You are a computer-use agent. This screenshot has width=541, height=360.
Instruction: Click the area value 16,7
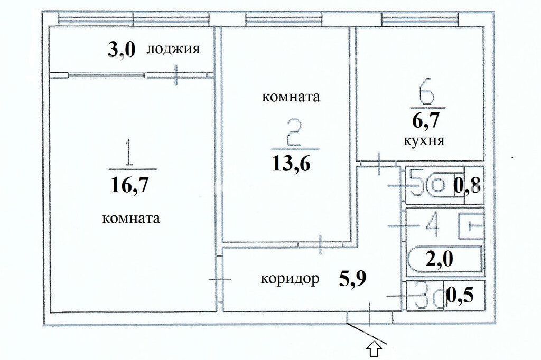tap(130, 185)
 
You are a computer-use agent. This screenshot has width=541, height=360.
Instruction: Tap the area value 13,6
tap(292, 163)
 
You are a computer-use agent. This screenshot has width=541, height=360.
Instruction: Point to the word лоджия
tap(173, 49)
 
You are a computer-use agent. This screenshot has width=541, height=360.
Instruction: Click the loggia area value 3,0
tap(122, 50)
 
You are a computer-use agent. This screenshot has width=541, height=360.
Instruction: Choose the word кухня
tap(424, 141)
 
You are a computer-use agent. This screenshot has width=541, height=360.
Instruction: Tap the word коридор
tap(290, 278)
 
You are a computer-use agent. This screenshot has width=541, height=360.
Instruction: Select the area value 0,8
tap(467, 186)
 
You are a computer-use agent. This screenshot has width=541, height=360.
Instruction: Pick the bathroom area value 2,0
tap(439, 259)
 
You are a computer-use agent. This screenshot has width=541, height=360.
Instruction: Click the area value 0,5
tap(460, 296)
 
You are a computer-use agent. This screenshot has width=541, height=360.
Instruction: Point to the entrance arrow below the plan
tap(375, 350)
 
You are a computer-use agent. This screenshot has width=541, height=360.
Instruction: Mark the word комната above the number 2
tap(291, 97)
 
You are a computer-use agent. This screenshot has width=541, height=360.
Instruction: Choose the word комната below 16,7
tap(131, 219)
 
